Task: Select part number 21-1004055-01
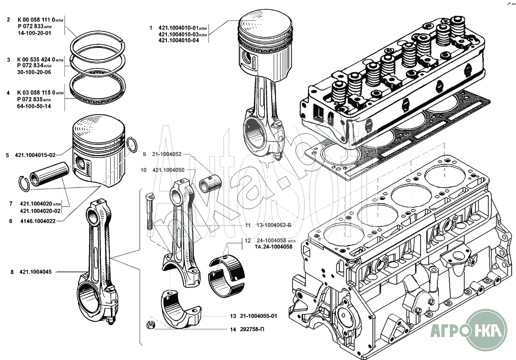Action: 258,316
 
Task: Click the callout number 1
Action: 150,28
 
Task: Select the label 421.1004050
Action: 169,170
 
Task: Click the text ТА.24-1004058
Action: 273,247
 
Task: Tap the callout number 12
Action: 248,240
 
